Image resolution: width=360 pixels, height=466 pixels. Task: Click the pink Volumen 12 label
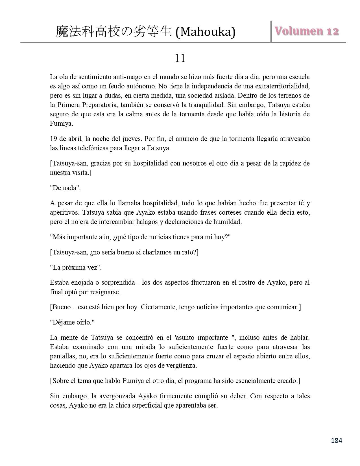pyautogui.click(x=306, y=31)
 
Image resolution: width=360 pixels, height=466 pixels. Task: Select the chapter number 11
pyautogui.click(x=180, y=58)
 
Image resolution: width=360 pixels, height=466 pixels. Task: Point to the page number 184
pyautogui.click(x=336, y=440)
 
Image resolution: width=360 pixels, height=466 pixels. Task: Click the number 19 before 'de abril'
pyautogui.click(x=54, y=139)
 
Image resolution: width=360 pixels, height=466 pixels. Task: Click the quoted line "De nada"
pyautogui.click(x=65, y=188)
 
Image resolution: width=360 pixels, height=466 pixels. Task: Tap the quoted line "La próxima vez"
pyautogui.click(x=76, y=267)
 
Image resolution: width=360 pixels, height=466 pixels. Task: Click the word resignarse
pyautogui.click(x=105, y=292)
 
